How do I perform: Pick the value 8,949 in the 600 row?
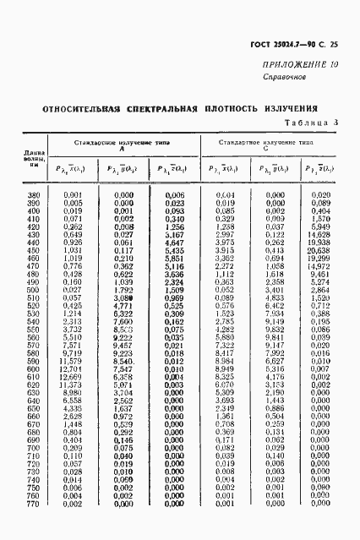[x=224, y=369]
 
